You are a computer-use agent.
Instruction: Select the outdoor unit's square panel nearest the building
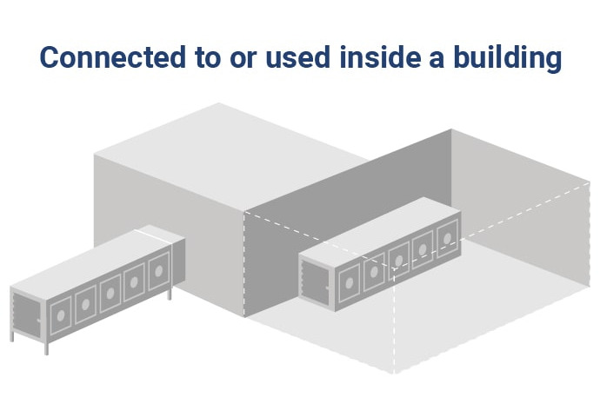[157, 273]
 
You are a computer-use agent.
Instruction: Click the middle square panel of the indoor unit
[399, 259]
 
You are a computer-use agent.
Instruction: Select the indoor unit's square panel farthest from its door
[447, 235]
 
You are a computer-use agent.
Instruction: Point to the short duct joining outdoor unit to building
[158, 235]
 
